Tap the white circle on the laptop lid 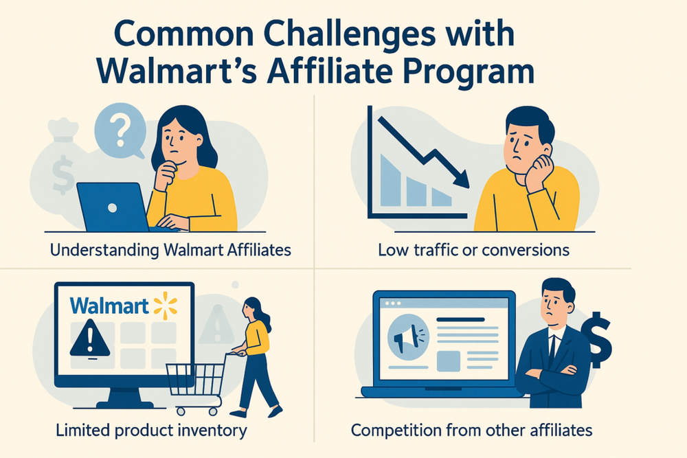(111, 208)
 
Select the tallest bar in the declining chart (390, 180)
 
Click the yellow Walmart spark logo (166, 304)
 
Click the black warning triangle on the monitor (89, 338)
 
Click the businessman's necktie (551, 350)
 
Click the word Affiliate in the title (382, 72)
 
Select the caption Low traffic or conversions (473, 250)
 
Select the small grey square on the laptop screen (448, 360)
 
